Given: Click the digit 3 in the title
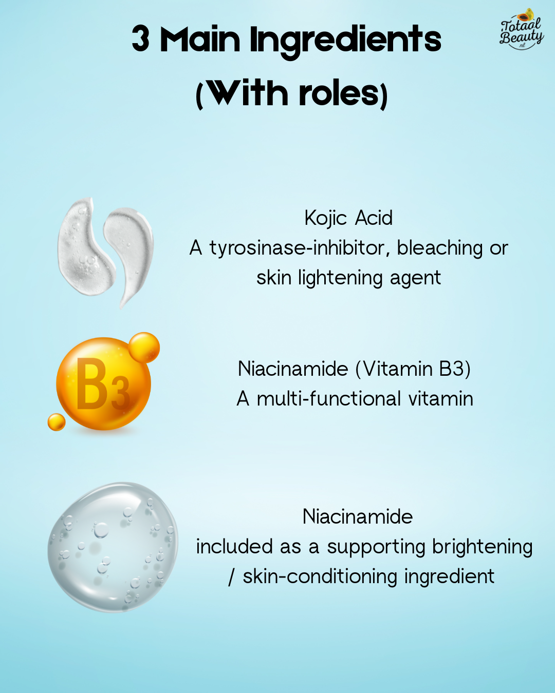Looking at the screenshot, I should pos(141,39).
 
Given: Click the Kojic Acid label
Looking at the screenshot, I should pos(348,218).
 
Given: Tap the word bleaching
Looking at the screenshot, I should pos(440,248).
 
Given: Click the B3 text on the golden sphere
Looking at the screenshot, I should pos(102,385).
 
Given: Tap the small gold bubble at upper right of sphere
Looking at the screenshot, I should pos(144,347).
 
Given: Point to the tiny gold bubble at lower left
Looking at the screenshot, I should pos(57,422).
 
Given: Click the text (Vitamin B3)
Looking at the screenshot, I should pos(413,369).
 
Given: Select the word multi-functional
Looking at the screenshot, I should pos(329,399).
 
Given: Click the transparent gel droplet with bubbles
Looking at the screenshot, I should pos(113,547).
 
